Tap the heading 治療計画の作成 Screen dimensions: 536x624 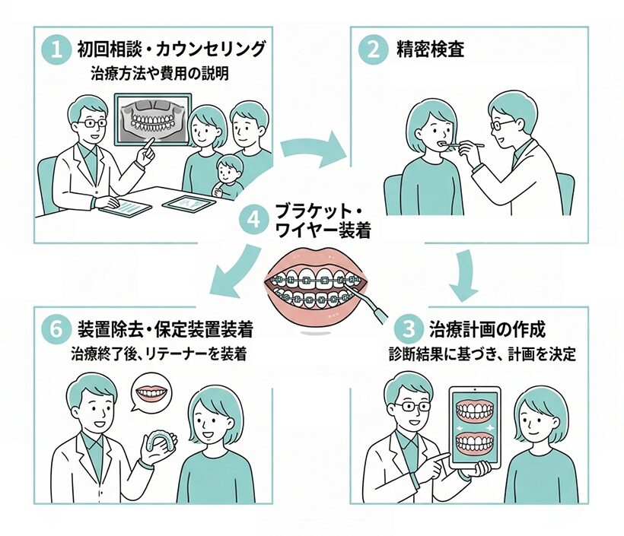tap(486, 330)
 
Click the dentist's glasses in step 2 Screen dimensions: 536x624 tap(504, 122)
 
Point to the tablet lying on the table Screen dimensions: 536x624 tap(187, 204)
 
